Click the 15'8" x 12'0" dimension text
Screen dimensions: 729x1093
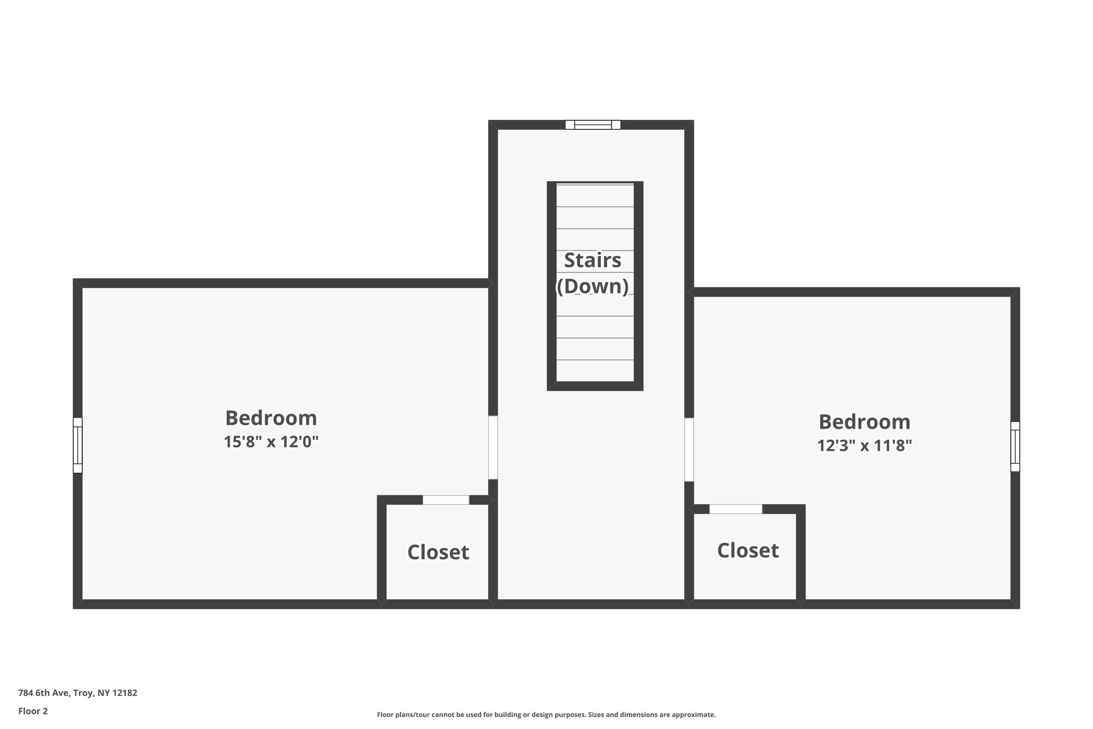[271, 442]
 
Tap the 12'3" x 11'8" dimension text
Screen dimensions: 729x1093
[864, 445]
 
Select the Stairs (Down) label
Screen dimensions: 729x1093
[593, 273]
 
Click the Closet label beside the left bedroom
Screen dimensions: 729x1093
[438, 552]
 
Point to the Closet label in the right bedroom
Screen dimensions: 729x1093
[748, 550]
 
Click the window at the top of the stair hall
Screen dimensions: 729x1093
[593, 125]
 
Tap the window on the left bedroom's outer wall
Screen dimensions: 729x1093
[78, 445]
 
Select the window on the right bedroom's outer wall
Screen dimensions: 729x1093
[1015, 446]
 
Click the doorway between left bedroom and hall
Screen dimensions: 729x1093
[493, 448]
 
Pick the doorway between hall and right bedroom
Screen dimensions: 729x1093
[689, 449]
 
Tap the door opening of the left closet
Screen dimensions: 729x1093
[446, 500]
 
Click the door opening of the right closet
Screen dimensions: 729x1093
[735, 509]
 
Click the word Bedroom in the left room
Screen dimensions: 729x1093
[271, 418]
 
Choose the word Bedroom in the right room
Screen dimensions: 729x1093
[864, 422]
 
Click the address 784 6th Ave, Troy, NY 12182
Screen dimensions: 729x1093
[77, 693]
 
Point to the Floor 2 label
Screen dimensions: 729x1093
[33, 711]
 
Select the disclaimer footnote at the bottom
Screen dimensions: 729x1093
[546, 715]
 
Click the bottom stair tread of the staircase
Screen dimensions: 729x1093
[595, 371]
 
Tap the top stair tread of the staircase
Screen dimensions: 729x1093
[595, 195]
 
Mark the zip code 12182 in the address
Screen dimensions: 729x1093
[125, 693]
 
